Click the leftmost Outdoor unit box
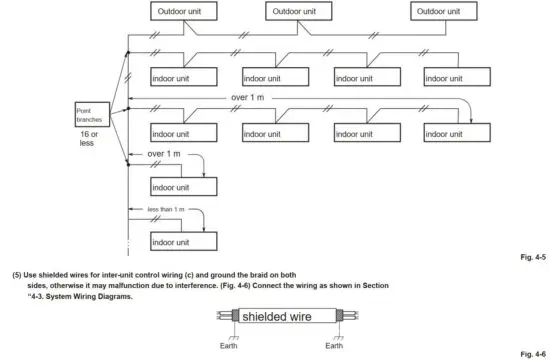click(183, 12)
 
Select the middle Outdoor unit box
click(299, 12)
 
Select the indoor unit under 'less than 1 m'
click(182, 242)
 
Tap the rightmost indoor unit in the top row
click(456, 76)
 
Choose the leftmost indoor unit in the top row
click(182, 76)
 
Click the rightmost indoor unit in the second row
click(456, 132)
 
